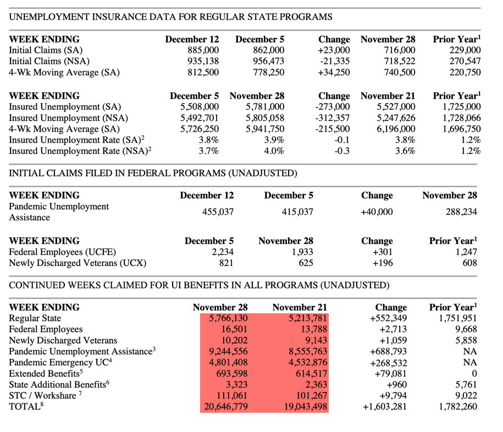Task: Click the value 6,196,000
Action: tap(396, 129)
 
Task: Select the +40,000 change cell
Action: tap(377, 212)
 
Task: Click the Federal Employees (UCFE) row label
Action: tap(63, 252)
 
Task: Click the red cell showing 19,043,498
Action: tap(301, 407)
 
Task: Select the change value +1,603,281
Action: tap(385, 407)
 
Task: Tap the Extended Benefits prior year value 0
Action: tap(474, 374)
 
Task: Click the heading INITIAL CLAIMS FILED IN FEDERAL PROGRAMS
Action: tap(153, 174)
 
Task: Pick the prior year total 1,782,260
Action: tap(457, 407)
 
